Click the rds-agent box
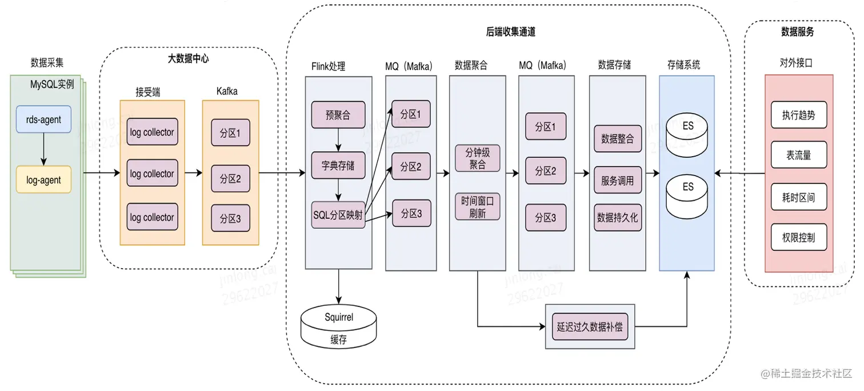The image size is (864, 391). click(44, 119)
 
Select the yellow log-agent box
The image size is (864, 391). click(44, 179)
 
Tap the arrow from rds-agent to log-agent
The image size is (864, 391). click(44, 149)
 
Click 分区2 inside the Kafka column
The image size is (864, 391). click(230, 179)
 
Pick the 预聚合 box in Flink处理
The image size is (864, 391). click(338, 115)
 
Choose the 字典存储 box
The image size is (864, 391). click(338, 165)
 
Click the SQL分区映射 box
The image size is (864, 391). click(338, 215)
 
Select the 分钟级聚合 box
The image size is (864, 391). click(478, 158)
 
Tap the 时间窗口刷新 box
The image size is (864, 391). click(478, 208)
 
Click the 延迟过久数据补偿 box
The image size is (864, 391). click(589, 328)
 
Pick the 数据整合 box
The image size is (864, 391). click(617, 138)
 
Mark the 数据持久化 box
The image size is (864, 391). click(617, 217)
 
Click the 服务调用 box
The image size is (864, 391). click(617, 181)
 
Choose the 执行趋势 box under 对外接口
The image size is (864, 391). click(798, 115)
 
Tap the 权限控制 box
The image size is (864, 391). click(798, 237)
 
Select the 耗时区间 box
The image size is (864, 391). click(798, 197)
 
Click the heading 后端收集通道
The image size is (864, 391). click(510, 32)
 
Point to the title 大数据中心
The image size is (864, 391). click(188, 58)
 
